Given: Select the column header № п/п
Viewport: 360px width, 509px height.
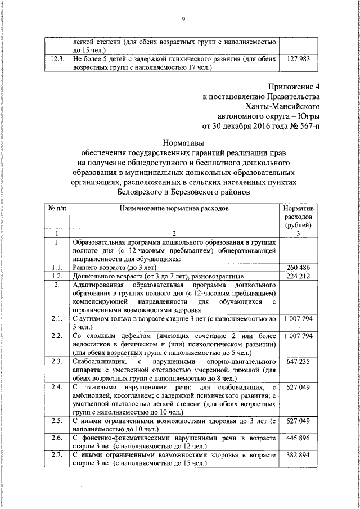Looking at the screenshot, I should coord(57,208).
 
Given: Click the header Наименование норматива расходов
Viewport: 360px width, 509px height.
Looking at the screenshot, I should coord(174,208).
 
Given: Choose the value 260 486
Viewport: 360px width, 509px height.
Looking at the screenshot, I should coord(299,267).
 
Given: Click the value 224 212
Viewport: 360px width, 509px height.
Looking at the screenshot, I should coord(299,276).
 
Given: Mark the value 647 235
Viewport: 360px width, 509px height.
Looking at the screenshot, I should coord(299,362).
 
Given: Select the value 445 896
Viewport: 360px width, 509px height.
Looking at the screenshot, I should coord(299,438).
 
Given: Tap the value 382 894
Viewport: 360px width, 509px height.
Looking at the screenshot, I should coord(299,454).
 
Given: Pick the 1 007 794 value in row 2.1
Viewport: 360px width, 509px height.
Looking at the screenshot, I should coord(299,319).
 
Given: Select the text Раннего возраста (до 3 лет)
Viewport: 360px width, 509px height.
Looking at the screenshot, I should coord(110,267).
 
